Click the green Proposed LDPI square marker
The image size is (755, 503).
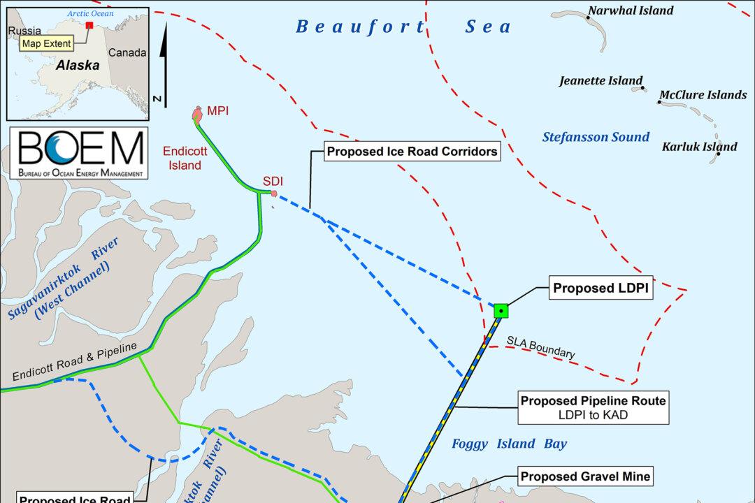501,311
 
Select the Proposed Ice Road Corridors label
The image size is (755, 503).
413,151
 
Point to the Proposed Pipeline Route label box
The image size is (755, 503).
594,408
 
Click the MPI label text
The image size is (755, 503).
218,111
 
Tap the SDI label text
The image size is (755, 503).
273,182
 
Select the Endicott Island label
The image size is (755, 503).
182,158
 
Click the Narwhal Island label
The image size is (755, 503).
631,10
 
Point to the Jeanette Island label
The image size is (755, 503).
601,81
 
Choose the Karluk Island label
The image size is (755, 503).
699,147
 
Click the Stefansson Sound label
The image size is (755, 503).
596,137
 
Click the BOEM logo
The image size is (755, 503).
77,154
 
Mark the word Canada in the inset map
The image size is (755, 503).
127,52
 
